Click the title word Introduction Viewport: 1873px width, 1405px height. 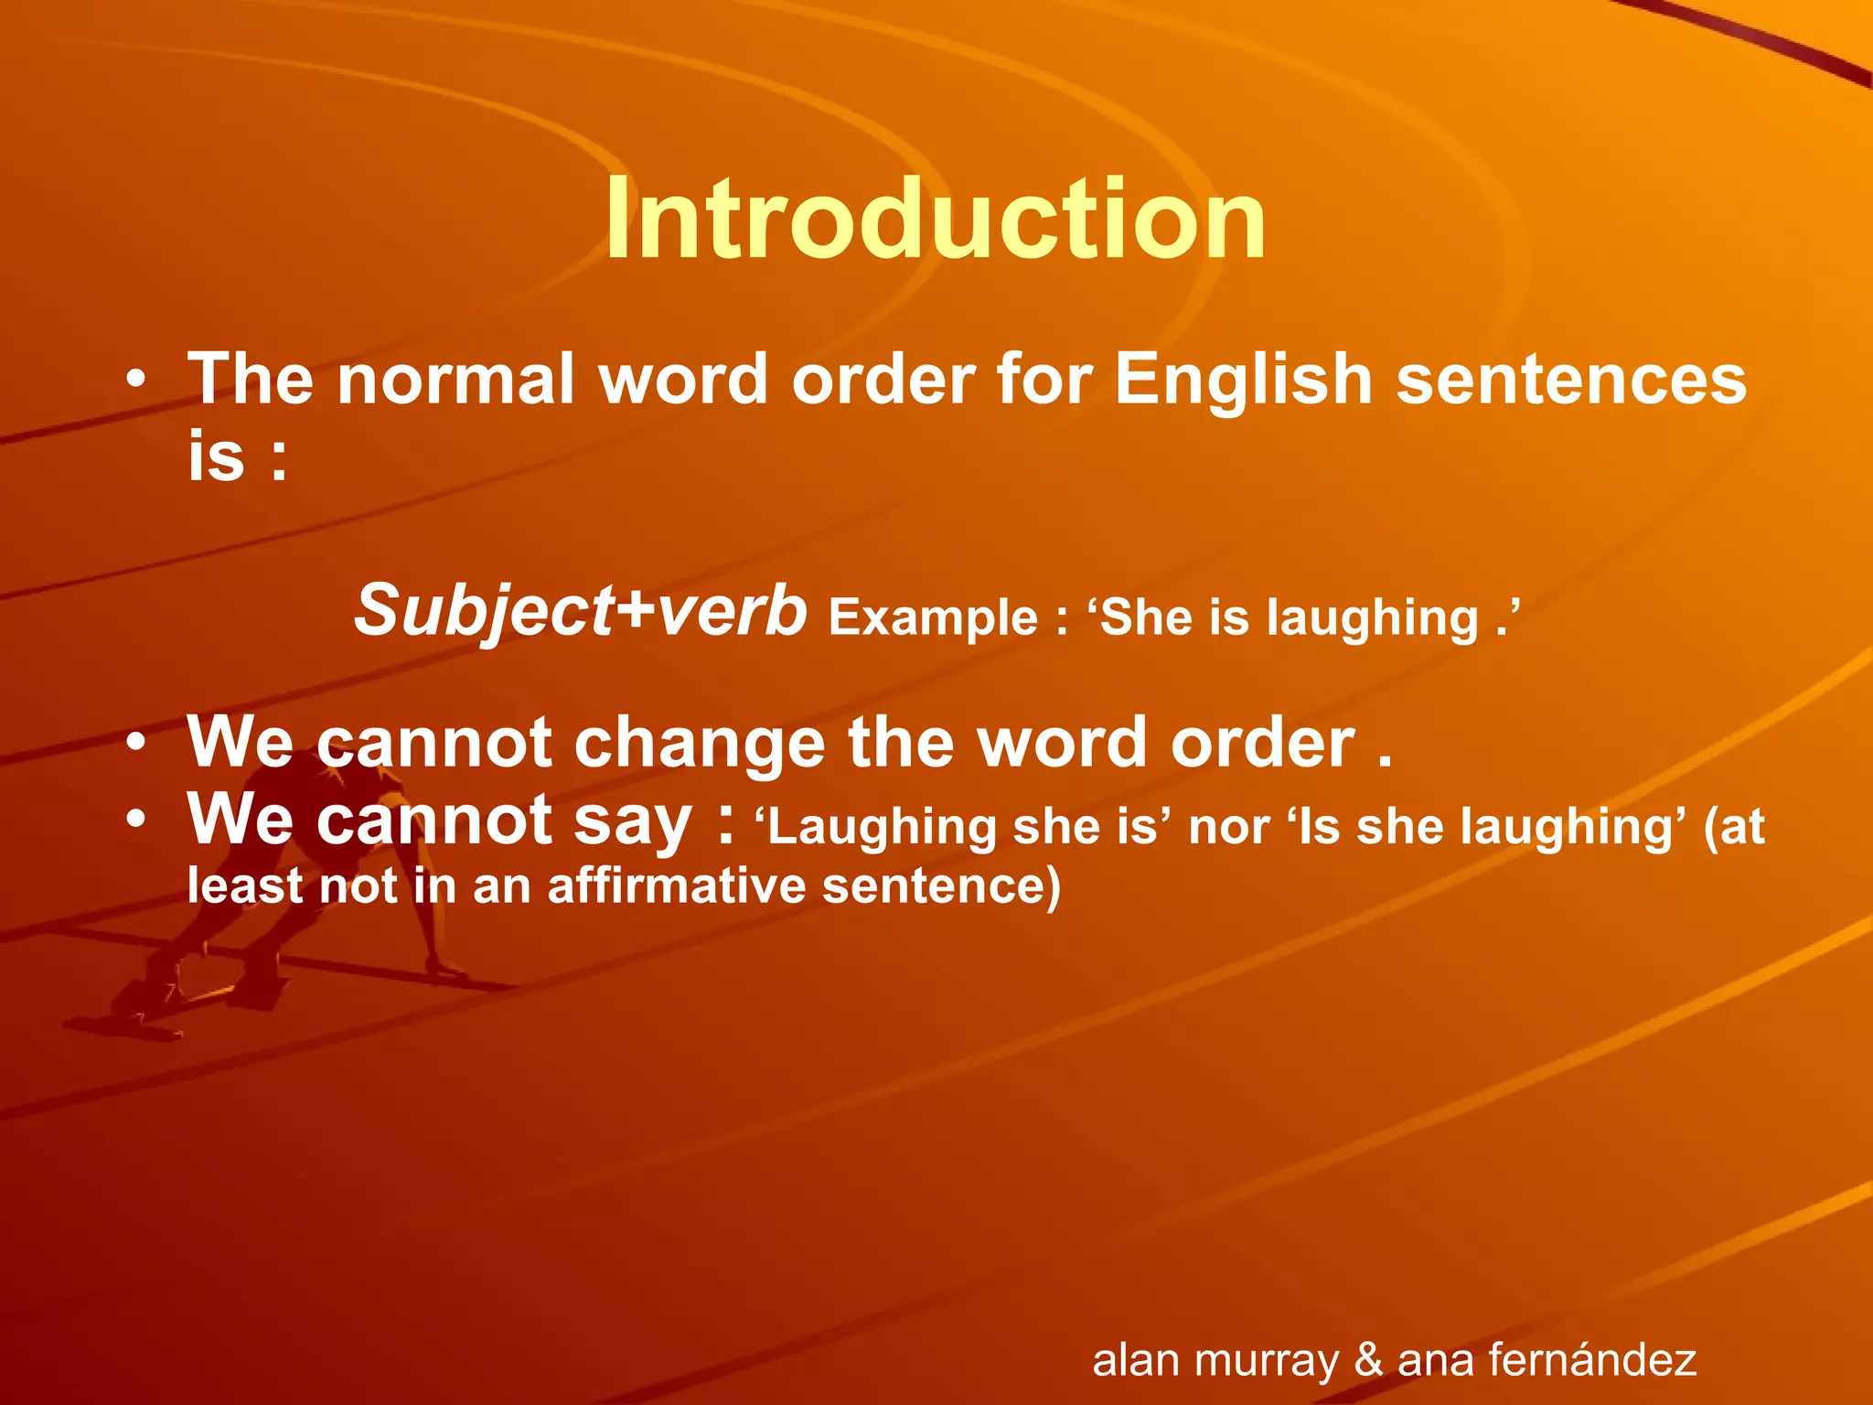click(935, 220)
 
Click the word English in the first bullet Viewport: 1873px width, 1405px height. click(1243, 379)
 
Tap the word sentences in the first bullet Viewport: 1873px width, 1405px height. click(1571, 379)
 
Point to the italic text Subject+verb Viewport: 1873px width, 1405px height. click(580, 611)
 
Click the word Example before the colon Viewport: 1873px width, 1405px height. click(933, 617)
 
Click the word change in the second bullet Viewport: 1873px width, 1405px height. click(700, 743)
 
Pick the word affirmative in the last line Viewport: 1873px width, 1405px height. click(676, 885)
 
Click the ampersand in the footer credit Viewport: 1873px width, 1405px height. click(1368, 1359)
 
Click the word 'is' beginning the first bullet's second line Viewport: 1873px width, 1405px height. click(216, 456)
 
